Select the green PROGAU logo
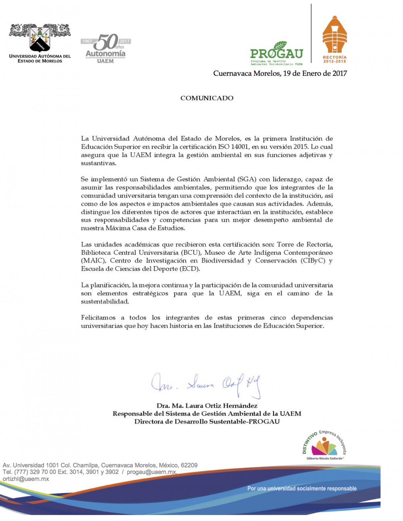click(x=276, y=53)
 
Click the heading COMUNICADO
click(x=207, y=98)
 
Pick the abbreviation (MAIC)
click(x=93, y=260)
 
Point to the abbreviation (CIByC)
click(x=313, y=260)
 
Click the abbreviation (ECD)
click(x=189, y=269)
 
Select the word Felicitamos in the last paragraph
click(x=98, y=317)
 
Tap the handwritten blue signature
click(x=206, y=385)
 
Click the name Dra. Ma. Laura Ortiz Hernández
click(x=207, y=405)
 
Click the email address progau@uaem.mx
click(x=152, y=472)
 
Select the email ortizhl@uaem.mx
click(x=26, y=479)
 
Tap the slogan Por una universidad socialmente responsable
click(x=302, y=488)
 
